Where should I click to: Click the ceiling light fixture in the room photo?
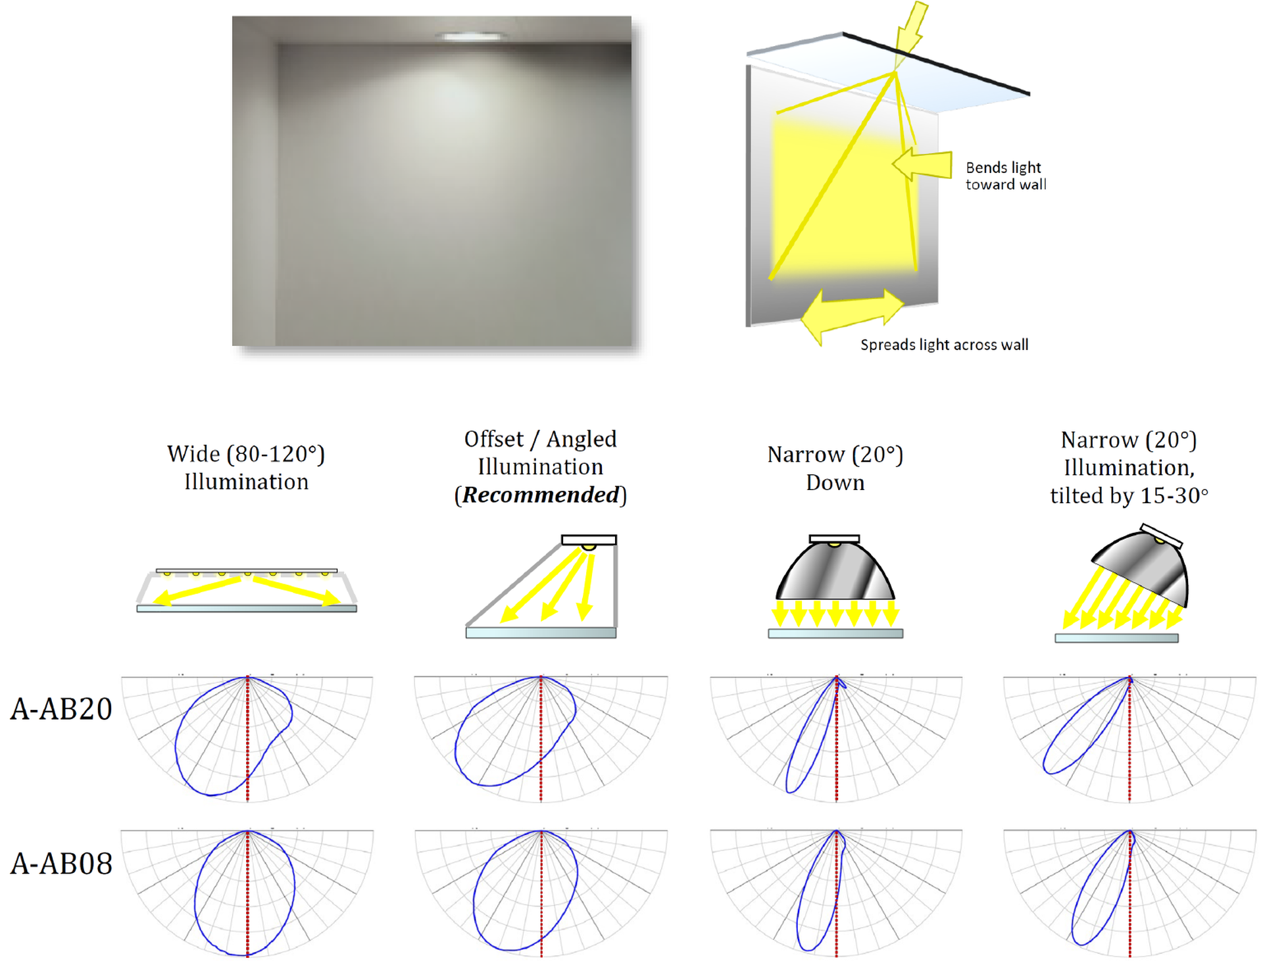471,36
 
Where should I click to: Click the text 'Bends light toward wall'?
1005,176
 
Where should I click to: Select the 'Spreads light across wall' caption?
944,345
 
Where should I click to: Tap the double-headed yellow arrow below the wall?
853,314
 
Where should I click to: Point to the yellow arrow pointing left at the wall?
922,164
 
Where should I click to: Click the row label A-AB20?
61,709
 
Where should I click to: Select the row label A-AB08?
61,864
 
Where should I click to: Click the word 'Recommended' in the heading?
541,495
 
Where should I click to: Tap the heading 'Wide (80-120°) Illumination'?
246,468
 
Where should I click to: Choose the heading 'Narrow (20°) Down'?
835,468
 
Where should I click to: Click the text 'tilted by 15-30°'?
1129,496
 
